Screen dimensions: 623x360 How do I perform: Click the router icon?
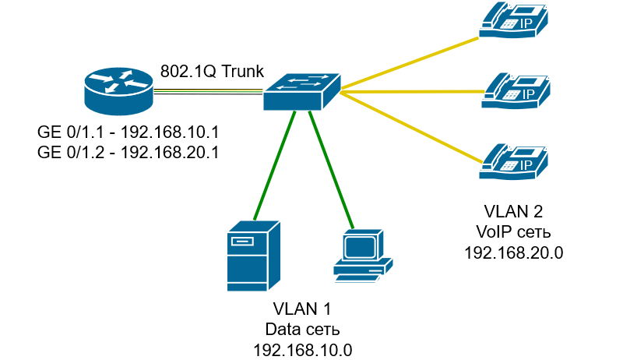(x=119, y=91)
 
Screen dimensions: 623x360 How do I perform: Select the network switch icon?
(x=302, y=92)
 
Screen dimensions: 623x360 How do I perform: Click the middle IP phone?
(x=516, y=90)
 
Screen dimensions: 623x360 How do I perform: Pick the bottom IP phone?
(x=514, y=162)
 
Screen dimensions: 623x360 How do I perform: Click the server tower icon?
(x=254, y=256)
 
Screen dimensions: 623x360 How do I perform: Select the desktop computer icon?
(x=363, y=256)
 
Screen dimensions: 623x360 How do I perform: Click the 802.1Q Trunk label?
(x=212, y=72)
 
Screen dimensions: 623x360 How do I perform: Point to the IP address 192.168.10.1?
(x=170, y=132)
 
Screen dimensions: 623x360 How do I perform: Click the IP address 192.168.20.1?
(x=170, y=153)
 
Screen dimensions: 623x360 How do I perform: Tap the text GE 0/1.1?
(x=71, y=132)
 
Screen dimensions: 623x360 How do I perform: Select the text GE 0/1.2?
(x=71, y=153)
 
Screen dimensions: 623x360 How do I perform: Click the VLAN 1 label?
(x=302, y=309)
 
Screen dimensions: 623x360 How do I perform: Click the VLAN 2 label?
(x=513, y=211)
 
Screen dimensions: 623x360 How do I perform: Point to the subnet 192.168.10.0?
(x=303, y=351)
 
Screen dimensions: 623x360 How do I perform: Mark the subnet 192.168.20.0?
(x=514, y=252)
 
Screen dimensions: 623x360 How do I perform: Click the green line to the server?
(x=275, y=165)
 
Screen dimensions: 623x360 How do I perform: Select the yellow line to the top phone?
(x=410, y=63)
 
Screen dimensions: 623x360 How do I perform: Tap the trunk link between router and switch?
(x=208, y=92)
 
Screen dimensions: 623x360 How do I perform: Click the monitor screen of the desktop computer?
(x=360, y=247)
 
